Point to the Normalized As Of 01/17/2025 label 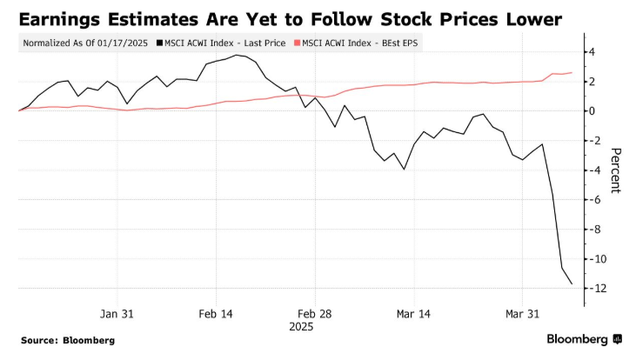pyautogui.click(x=84, y=43)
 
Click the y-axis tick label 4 pyautogui.click(x=591, y=52)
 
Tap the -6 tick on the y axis pyautogui.click(x=589, y=200)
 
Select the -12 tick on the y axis pyautogui.click(x=587, y=289)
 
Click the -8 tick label pyautogui.click(x=589, y=230)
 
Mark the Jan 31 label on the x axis pyautogui.click(x=117, y=314)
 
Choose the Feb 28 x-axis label pyautogui.click(x=313, y=314)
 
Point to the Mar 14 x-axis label pyautogui.click(x=413, y=314)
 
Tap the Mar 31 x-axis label pyautogui.click(x=522, y=314)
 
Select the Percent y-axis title pyautogui.click(x=614, y=170)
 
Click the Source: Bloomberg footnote pyautogui.click(x=68, y=340)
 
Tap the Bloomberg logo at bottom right pyautogui.click(x=584, y=339)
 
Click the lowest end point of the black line pyautogui.click(x=572, y=283)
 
